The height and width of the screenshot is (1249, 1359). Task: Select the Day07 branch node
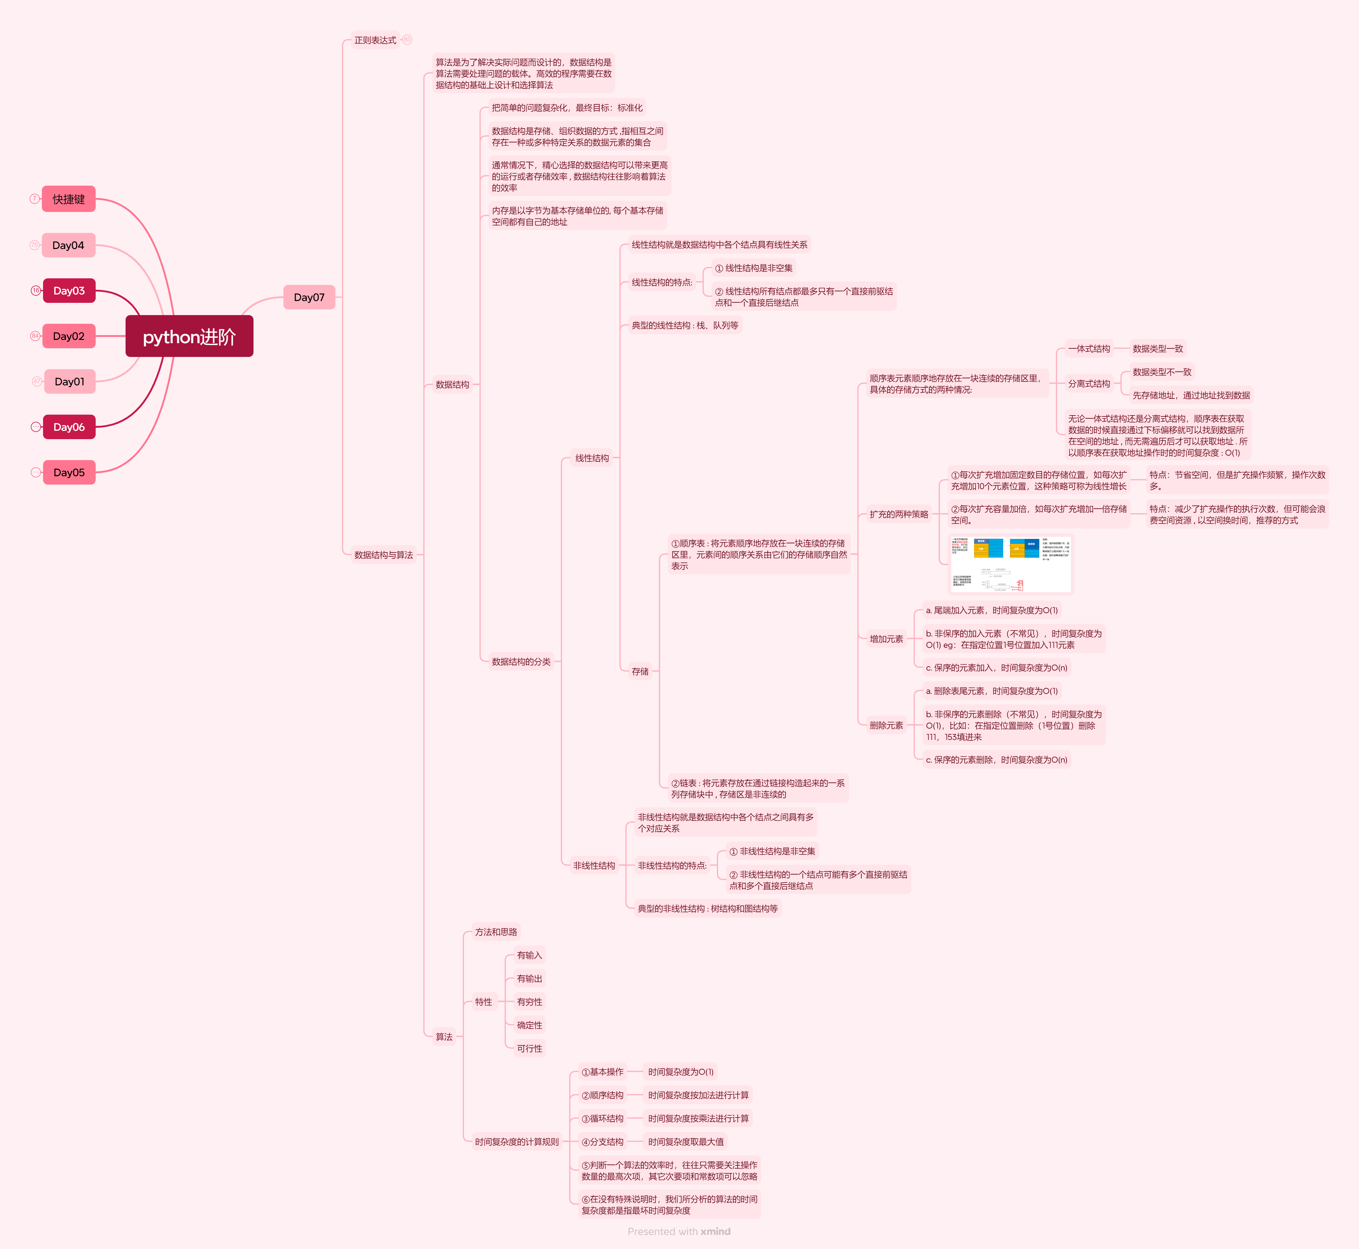point(309,297)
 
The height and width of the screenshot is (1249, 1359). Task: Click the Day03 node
point(69,291)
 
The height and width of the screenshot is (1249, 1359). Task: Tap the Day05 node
point(69,472)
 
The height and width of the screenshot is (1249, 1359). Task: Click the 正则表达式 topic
point(375,41)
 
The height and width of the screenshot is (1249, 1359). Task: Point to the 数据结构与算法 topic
point(383,555)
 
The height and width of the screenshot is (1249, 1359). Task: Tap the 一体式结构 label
point(1089,349)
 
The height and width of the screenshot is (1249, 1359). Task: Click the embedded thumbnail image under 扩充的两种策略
point(1011,564)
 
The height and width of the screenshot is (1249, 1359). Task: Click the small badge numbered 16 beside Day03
point(36,291)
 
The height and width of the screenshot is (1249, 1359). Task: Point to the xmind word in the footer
point(716,1231)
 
